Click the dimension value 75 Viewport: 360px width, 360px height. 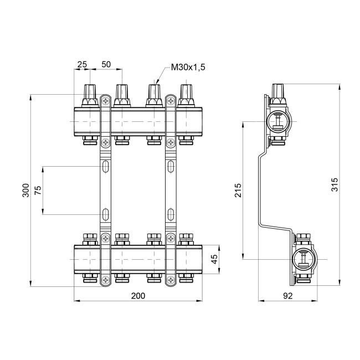point(38,190)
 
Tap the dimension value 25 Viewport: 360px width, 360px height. point(82,65)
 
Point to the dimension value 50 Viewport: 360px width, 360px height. point(106,65)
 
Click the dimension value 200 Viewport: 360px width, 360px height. point(138,296)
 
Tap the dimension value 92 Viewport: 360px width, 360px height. point(287,296)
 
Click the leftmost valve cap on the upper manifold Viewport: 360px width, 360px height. point(89,94)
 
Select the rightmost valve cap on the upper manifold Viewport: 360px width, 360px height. point(187,94)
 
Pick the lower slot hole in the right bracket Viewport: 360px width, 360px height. point(171,213)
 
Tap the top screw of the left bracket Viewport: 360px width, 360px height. point(106,101)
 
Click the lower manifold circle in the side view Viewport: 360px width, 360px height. point(303,258)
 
